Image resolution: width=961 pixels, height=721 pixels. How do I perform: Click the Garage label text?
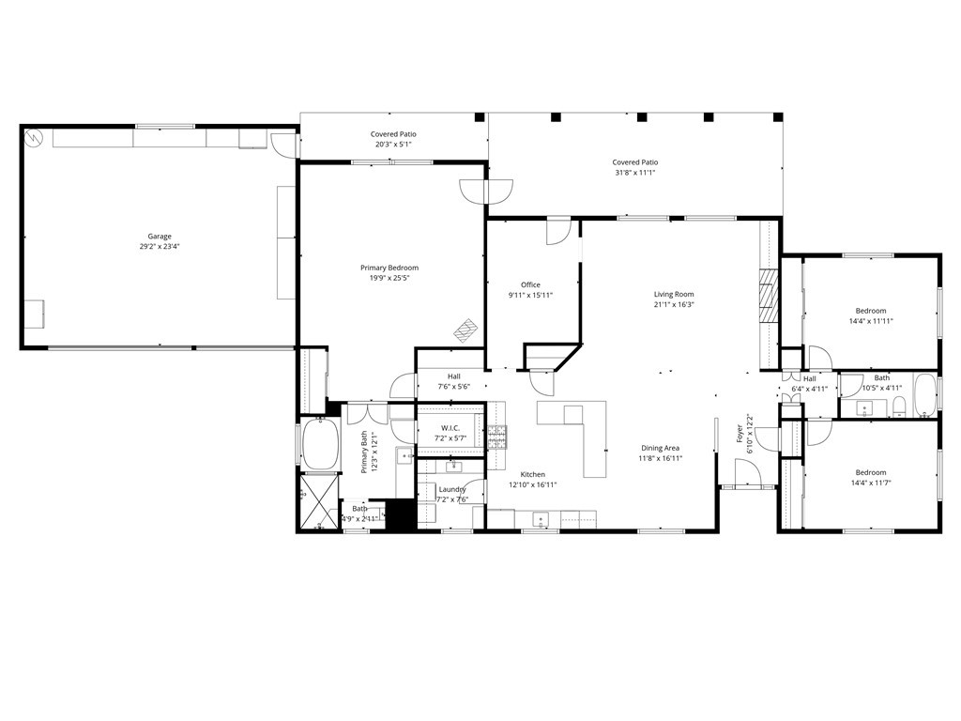(x=160, y=237)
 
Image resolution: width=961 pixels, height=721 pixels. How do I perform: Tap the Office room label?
(x=530, y=284)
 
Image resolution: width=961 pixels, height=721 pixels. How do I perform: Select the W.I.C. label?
(x=450, y=428)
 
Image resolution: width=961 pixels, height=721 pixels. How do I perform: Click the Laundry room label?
(x=452, y=489)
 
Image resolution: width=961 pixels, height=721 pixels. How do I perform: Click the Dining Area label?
(x=660, y=448)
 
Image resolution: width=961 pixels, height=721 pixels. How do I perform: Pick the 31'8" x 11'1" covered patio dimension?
(x=634, y=173)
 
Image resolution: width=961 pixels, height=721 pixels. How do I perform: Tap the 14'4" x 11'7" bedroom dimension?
(x=870, y=483)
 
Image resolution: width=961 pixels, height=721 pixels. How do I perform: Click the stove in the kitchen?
(x=497, y=436)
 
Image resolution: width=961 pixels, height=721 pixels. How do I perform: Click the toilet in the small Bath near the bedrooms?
(x=899, y=407)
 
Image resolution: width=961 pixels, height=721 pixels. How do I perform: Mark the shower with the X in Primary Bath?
(x=319, y=502)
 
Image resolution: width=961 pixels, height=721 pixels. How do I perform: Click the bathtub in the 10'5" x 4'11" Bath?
(x=924, y=395)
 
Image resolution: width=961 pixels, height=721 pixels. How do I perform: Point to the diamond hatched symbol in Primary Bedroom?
(x=466, y=330)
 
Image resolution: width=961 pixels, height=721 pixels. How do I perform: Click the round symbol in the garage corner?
(x=34, y=137)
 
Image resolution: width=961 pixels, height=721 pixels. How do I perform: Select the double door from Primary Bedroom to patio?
(x=486, y=191)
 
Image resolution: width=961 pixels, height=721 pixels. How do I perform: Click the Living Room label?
(x=674, y=294)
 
